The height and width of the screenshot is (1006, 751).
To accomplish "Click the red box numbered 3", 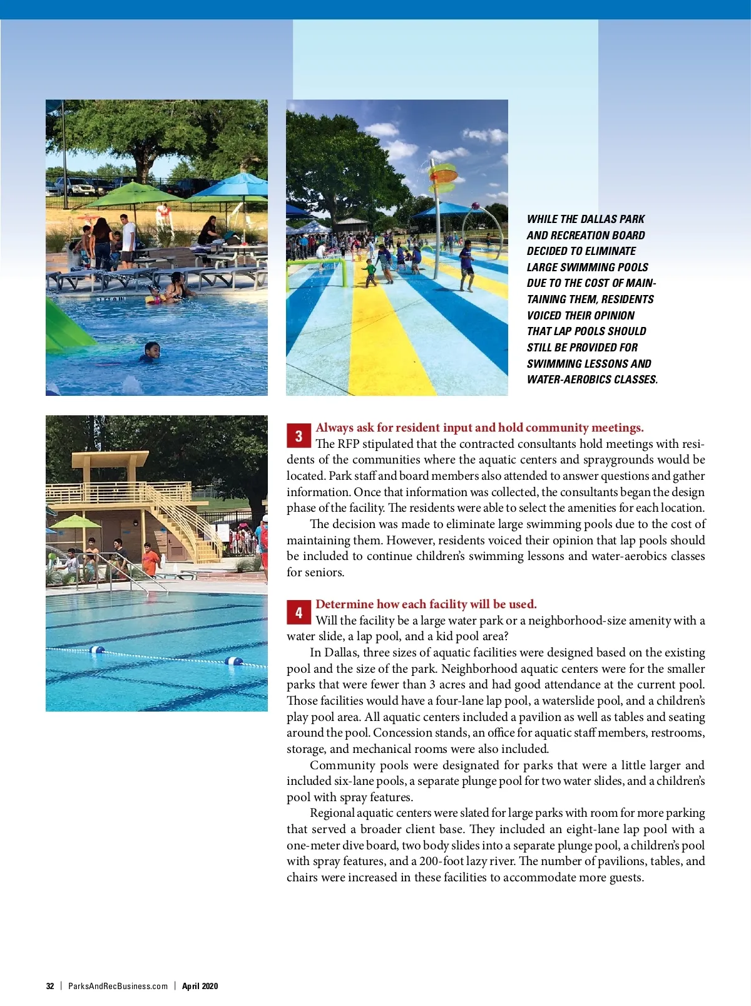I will (x=299, y=436).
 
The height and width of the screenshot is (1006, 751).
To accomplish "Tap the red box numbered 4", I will (x=299, y=613).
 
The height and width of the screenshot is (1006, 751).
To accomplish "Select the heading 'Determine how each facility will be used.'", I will (x=426, y=604).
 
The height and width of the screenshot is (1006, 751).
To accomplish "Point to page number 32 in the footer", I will (x=50, y=986).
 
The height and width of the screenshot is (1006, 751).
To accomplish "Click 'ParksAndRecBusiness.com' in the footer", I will (x=118, y=986).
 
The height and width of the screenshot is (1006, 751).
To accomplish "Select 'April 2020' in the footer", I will (x=200, y=986).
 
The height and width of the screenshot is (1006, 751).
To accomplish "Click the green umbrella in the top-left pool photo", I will (x=132, y=191).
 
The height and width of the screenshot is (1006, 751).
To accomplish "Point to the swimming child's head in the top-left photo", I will (x=152, y=349).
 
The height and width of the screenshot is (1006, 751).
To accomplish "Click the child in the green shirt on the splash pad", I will (x=371, y=271).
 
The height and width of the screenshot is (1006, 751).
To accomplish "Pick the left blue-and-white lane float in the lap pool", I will (x=97, y=650).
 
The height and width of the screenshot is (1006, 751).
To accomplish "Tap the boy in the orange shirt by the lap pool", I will (x=150, y=559).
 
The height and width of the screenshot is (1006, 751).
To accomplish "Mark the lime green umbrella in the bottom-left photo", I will (x=74, y=521).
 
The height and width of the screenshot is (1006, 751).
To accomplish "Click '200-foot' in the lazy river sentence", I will (x=442, y=861).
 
